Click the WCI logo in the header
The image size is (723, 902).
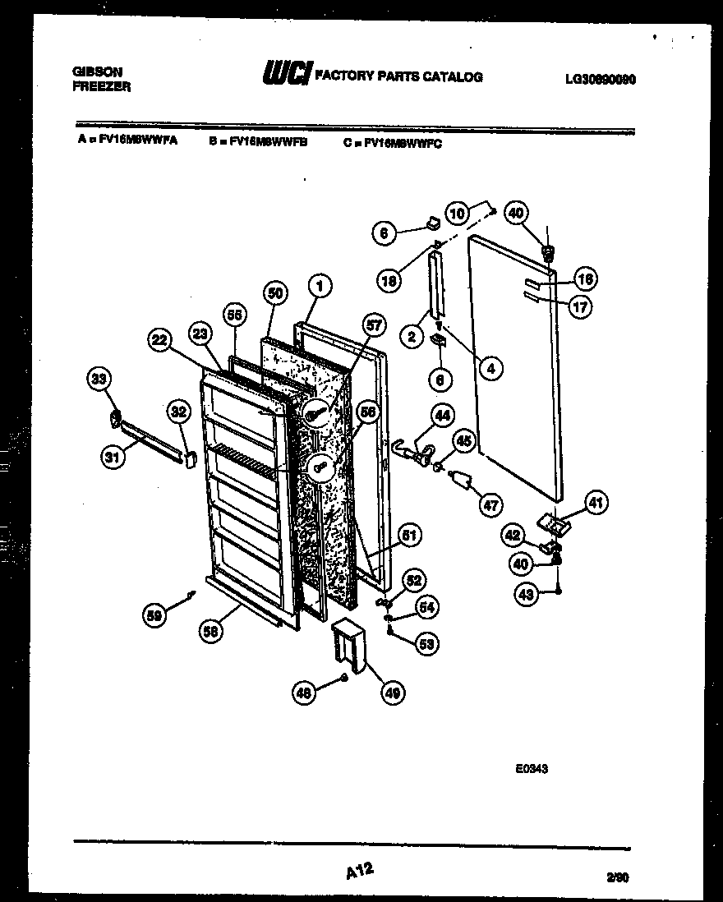pos(285,76)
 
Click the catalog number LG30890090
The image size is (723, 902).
pos(601,80)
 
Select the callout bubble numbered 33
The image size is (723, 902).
pos(99,380)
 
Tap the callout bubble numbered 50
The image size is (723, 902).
pos(275,293)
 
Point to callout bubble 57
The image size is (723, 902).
pos(374,326)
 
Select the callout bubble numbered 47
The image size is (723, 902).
pos(490,506)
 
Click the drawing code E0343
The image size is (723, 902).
pos(532,770)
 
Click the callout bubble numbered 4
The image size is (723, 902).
pos(490,369)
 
